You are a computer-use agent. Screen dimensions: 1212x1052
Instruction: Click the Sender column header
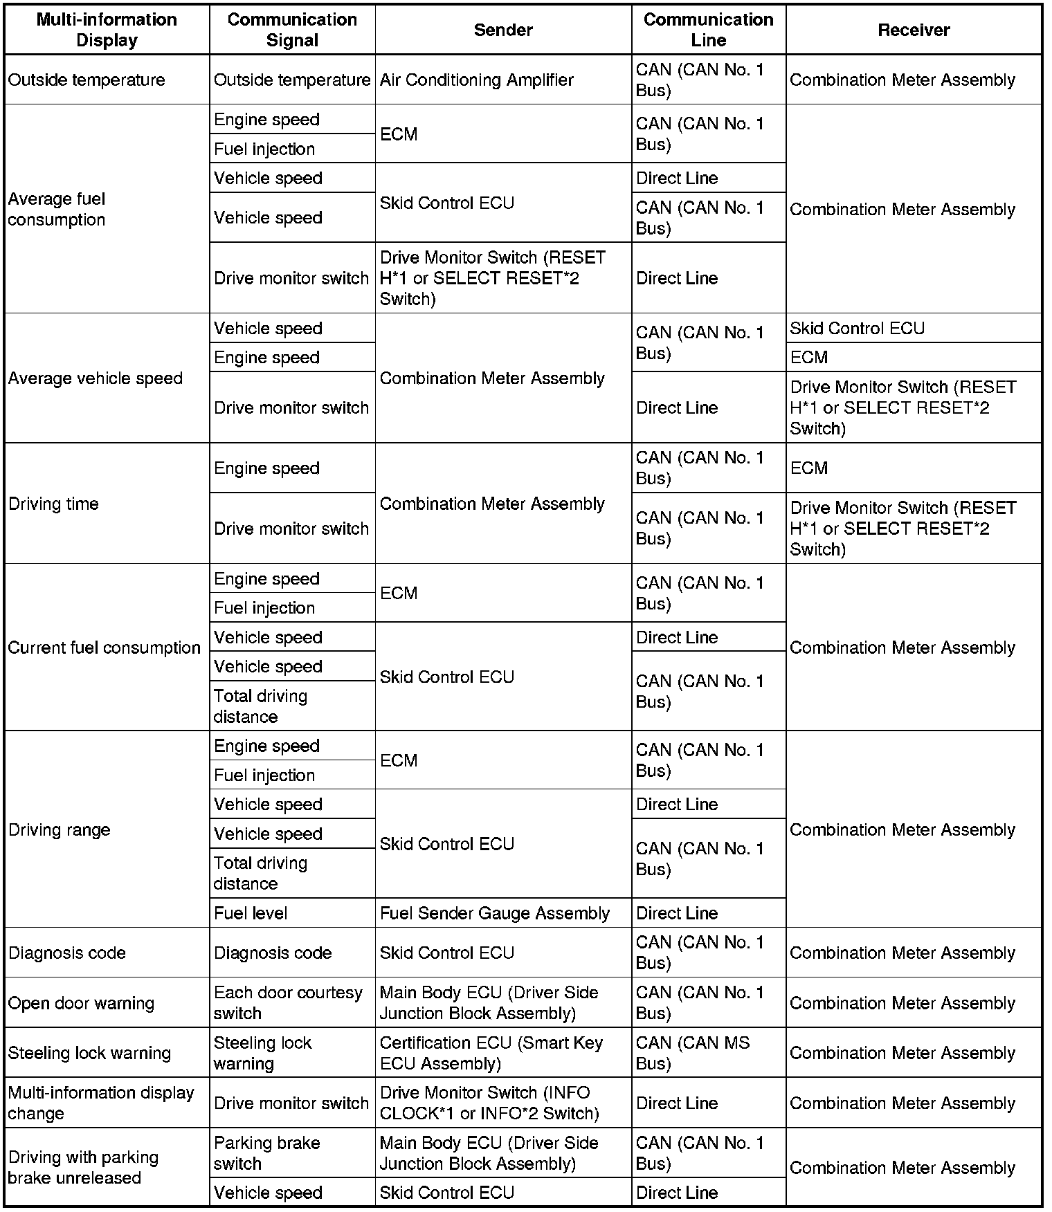click(503, 30)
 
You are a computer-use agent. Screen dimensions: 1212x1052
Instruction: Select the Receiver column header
click(914, 30)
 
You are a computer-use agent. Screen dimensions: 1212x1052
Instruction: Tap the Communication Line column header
click(708, 30)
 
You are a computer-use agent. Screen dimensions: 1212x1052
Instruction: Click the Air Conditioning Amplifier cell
click(476, 80)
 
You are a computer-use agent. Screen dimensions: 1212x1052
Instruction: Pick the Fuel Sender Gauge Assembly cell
click(494, 913)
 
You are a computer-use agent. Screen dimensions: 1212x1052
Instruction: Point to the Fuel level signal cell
click(251, 913)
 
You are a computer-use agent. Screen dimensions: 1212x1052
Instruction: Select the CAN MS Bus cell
click(692, 1053)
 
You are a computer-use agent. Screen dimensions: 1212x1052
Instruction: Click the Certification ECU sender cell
click(491, 1053)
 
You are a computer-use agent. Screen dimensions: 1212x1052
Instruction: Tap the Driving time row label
click(53, 504)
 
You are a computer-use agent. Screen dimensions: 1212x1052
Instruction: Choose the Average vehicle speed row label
click(96, 378)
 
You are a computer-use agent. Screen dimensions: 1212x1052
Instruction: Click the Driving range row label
click(60, 829)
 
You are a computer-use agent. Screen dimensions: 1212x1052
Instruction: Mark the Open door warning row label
click(81, 1003)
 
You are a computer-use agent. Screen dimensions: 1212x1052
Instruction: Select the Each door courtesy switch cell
click(287, 1003)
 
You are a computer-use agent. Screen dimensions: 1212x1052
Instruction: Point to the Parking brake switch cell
click(266, 1153)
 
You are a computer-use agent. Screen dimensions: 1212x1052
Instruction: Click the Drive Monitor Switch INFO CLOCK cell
click(489, 1103)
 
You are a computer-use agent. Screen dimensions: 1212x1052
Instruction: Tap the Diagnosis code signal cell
click(273, 953)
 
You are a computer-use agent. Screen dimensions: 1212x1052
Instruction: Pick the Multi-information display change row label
click(101, 1103)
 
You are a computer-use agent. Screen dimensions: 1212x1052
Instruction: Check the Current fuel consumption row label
click(104, 648)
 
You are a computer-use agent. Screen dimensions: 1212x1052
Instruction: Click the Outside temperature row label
click(87, 80)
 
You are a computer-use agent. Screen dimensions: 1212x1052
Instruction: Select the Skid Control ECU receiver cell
click(857, 329)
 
